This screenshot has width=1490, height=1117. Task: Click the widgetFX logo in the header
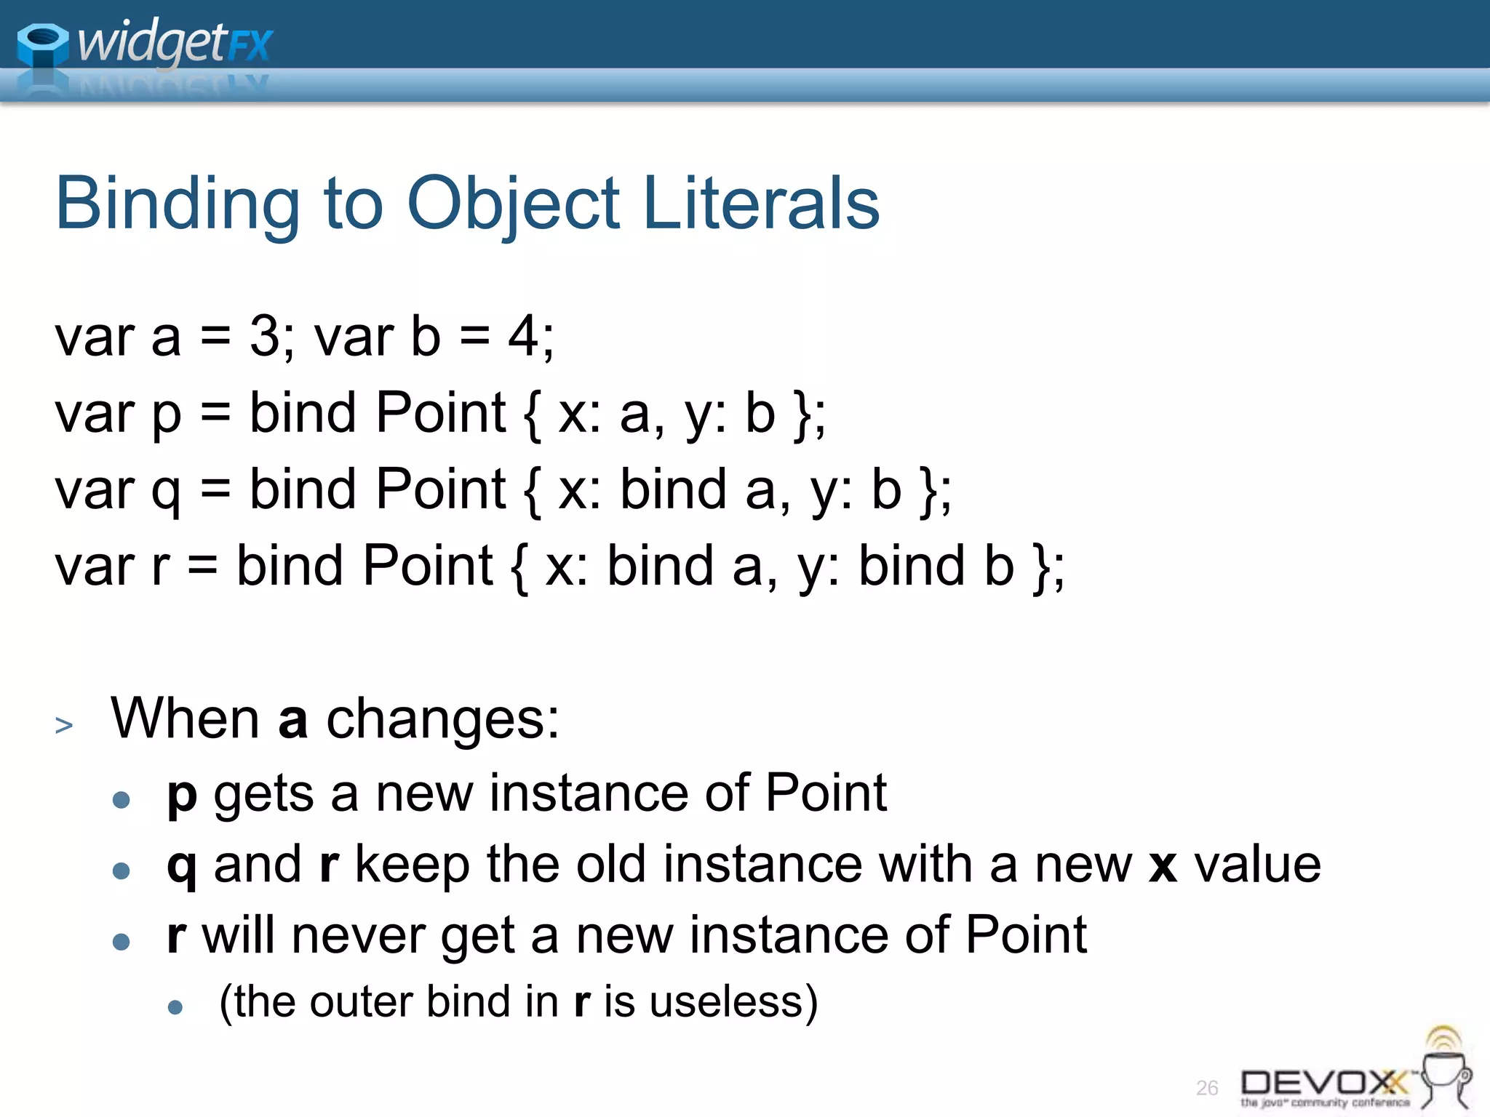click(146, 44)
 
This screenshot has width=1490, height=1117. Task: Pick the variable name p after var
click(166, 415)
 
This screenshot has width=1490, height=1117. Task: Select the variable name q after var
click(166, 491)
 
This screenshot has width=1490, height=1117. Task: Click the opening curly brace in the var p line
click(532, 415)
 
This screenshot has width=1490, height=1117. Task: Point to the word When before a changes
click(185, 718)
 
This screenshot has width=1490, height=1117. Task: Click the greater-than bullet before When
click(64, 725)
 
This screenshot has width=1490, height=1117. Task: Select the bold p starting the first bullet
click(182, 795)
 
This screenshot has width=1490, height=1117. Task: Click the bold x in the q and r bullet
click(1163, 865)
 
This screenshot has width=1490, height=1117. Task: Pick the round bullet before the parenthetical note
click(175, 1007)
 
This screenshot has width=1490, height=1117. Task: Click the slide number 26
click(1207, 1088)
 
